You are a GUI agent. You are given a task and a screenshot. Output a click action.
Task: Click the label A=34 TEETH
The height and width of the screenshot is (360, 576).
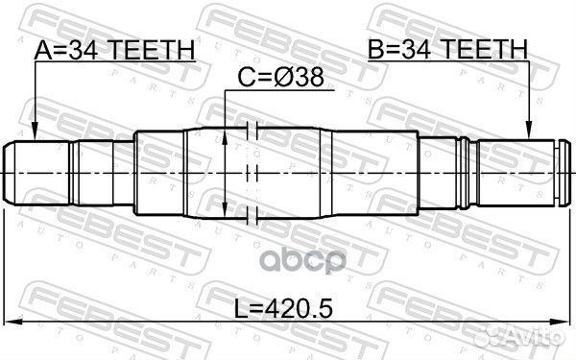coord(115,50)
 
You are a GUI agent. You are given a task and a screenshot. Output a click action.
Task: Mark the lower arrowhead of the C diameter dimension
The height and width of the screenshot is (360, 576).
coord(225,212)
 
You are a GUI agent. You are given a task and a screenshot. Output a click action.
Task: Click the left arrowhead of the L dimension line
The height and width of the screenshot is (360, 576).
coord(12,323)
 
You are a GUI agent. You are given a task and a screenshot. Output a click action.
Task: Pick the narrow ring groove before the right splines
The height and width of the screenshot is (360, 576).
coord(464,174)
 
